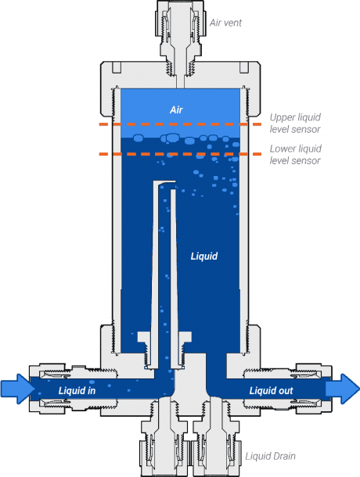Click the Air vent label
click(225, 23)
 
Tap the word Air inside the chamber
click(176, 109)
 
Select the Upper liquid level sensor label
click(295, 124)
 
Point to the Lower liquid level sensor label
click(295, 155)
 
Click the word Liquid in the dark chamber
click(204, 256)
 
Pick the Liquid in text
click(77, 391)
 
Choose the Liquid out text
click(271, 391)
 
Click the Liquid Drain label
click(271, 457)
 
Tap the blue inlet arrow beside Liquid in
click(18, 389)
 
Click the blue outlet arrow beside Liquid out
click(343, 389)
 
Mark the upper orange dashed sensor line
click(180, 124)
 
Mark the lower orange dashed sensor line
click(180, 154)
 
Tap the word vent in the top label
click(232, 23)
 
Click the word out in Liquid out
click(285, 391)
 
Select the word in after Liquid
click(91, 391)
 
